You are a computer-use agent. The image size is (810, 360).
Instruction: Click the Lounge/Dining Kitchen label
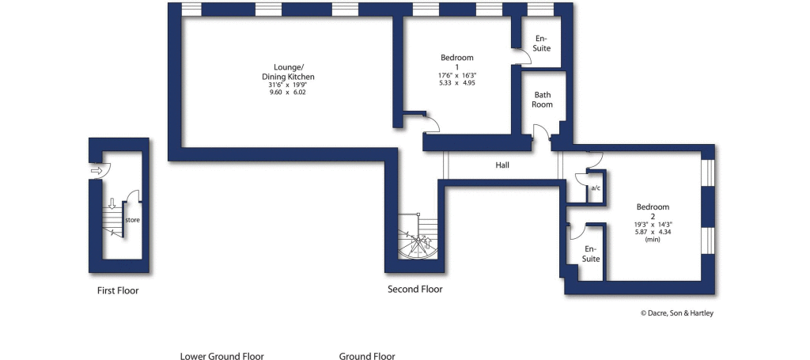point(288,72)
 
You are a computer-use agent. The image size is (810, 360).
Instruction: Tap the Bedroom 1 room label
point(456,62)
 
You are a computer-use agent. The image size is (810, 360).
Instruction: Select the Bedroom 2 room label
point(653,211)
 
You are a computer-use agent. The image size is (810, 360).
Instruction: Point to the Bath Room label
point(543,99)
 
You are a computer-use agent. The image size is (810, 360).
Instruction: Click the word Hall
point(502,165)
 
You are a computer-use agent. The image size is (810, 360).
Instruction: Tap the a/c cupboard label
point(596,188)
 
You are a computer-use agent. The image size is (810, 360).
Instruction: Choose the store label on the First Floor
point(132,220)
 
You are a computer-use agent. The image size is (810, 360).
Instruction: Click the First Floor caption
point(118,290)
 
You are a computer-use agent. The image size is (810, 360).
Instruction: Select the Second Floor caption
point(414,290)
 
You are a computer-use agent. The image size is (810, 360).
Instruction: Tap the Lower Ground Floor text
point(221,356)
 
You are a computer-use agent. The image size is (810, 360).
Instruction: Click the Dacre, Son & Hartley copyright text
point(677,313)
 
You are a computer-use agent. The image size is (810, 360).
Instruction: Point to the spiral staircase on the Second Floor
point(418,237)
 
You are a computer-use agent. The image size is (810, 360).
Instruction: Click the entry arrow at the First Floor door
point(97,170)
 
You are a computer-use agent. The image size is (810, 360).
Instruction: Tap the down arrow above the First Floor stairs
point(112,203)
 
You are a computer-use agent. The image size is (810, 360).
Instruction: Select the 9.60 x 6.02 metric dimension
point(288,93)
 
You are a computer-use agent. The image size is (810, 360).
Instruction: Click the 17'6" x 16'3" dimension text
point(456,75)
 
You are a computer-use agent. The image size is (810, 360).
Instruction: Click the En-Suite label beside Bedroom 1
point(541,44)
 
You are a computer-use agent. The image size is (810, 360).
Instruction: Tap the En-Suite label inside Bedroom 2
point(591,254)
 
